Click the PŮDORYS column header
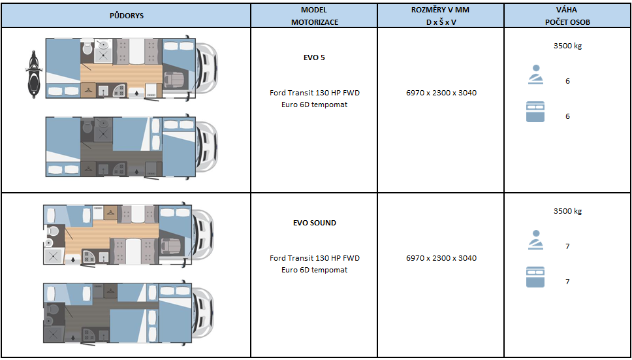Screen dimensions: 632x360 pyautogui.click(x=127, y=16)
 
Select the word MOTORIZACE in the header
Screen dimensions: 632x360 pyautogui.click(x=315, y=22)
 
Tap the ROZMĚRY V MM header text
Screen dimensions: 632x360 pyautogui.click(x=441, y=10)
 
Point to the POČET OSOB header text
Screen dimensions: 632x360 pyautogui.click(x=567, y=22)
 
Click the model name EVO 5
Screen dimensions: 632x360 pyautogui.click(x=315, y=57)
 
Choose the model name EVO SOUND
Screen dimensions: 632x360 pyautogui.click(x=315, y=223)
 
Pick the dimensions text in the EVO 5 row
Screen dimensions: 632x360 pyautogui.click(x=441, y=93)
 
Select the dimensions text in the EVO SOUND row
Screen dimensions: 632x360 pyautogui.click(x=441, y=258)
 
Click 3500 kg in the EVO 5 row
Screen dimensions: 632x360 pyautogui.click(x=567, y=46)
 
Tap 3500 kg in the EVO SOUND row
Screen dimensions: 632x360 pyautogui.click(x=567, y=211)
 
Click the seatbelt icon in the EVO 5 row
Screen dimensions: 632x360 pyautogui.click(x=535, y=74)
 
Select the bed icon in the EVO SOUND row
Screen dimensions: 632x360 pyautogui.click(x=535, y=277)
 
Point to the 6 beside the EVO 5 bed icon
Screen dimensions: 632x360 pyautogui.click(x=567, y=116)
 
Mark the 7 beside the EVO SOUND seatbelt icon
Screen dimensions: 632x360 pyautogui.click(x=567, y=246)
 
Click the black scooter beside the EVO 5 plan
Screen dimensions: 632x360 pyautogui.click(x=33, y=75)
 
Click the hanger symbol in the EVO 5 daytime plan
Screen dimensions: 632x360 pyautogui.click(x=89, y=90)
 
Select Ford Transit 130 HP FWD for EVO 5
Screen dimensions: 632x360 pyautogui.click(x=315, y=93)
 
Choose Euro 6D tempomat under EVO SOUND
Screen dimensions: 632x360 pyautogui.click(x=315, y=270)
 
